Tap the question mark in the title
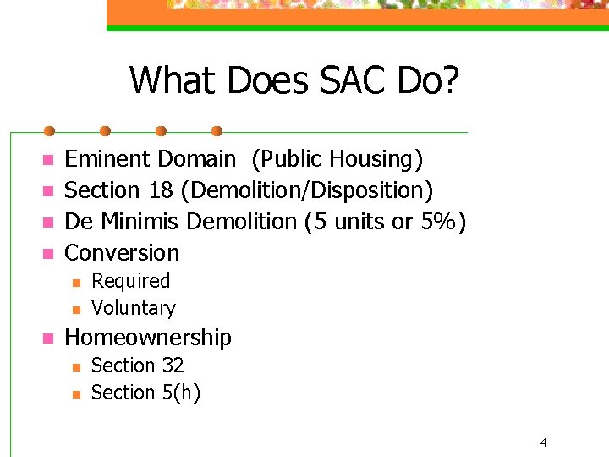449,80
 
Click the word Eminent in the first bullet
107,158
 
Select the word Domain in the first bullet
197,158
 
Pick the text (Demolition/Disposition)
302,190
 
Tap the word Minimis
140,221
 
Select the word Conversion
122,252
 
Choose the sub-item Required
130,281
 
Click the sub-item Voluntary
133,308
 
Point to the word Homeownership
148,338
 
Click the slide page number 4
543,442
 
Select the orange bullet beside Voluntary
74,309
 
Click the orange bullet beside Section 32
74,366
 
